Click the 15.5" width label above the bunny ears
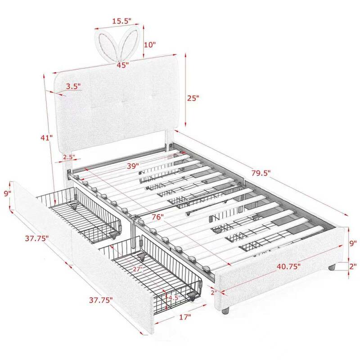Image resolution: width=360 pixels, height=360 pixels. tap(121, 21)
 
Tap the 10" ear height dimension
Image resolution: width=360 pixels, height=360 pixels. tap(150, 45)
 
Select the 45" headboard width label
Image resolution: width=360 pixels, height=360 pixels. tap(122, 65)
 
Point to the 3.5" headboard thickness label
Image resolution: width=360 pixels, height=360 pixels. tap(73, 86)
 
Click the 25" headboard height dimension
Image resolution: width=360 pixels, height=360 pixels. tap(193, 98)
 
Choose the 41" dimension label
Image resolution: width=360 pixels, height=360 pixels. tap(47, 138)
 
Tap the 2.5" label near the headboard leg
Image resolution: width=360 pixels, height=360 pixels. tap(69, 157)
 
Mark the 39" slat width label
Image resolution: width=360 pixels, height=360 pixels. tap(133, 166)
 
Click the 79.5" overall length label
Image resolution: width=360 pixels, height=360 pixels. tap(261, 173)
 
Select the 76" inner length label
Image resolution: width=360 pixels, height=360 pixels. tap(158, 217)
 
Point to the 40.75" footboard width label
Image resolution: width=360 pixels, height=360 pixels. tap(288, 266)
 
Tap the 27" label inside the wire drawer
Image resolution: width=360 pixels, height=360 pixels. tap(138, 269)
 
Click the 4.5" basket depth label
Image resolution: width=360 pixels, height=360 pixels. tap(174, 298)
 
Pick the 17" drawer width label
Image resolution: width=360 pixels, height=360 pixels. tap(185, 317)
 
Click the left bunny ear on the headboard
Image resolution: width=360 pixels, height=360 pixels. tap(107, 44)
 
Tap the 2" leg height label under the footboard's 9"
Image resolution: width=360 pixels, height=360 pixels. tap(353, 266)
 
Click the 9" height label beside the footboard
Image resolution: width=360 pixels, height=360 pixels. tap(353, 243)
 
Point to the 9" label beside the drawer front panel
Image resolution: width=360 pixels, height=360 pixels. tap(8, 193)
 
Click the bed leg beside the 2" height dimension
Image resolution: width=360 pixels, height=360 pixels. tap(332, 267)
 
